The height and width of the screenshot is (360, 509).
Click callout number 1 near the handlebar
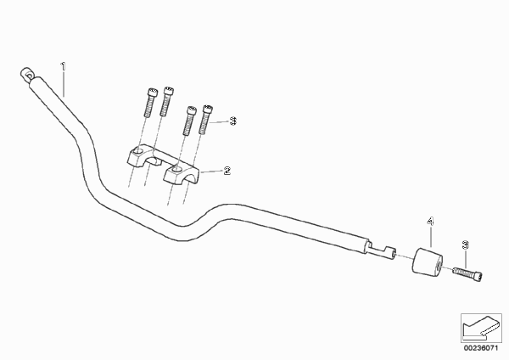point(64,66)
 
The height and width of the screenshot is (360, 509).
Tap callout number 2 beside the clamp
point(227,171)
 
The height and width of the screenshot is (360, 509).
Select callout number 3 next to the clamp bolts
point(233,121)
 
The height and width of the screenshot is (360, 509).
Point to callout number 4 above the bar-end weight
point(430,222)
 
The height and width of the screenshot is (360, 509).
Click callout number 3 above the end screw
point(465,245)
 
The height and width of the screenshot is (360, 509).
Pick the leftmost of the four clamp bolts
point(150,103)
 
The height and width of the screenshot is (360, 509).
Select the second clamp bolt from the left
point(166,101)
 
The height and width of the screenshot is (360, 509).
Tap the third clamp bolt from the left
point(189,121)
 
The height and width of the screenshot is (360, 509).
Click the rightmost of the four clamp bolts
point(206,119)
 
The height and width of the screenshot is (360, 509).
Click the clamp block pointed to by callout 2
point(182,173)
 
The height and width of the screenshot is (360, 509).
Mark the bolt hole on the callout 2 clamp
point(177,169)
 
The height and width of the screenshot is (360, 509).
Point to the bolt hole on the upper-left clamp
point(138,151)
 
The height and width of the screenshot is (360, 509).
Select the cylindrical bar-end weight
point(428,262)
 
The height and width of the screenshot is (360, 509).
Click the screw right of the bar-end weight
point(467,273)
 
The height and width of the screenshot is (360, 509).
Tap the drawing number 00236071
point(481,348)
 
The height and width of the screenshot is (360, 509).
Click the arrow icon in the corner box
point(481,327)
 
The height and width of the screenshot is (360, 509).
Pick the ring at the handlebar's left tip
point(26,74)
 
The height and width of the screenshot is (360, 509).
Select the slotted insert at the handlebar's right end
point(382,250)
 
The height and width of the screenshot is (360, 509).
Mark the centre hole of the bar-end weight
point(439,266)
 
